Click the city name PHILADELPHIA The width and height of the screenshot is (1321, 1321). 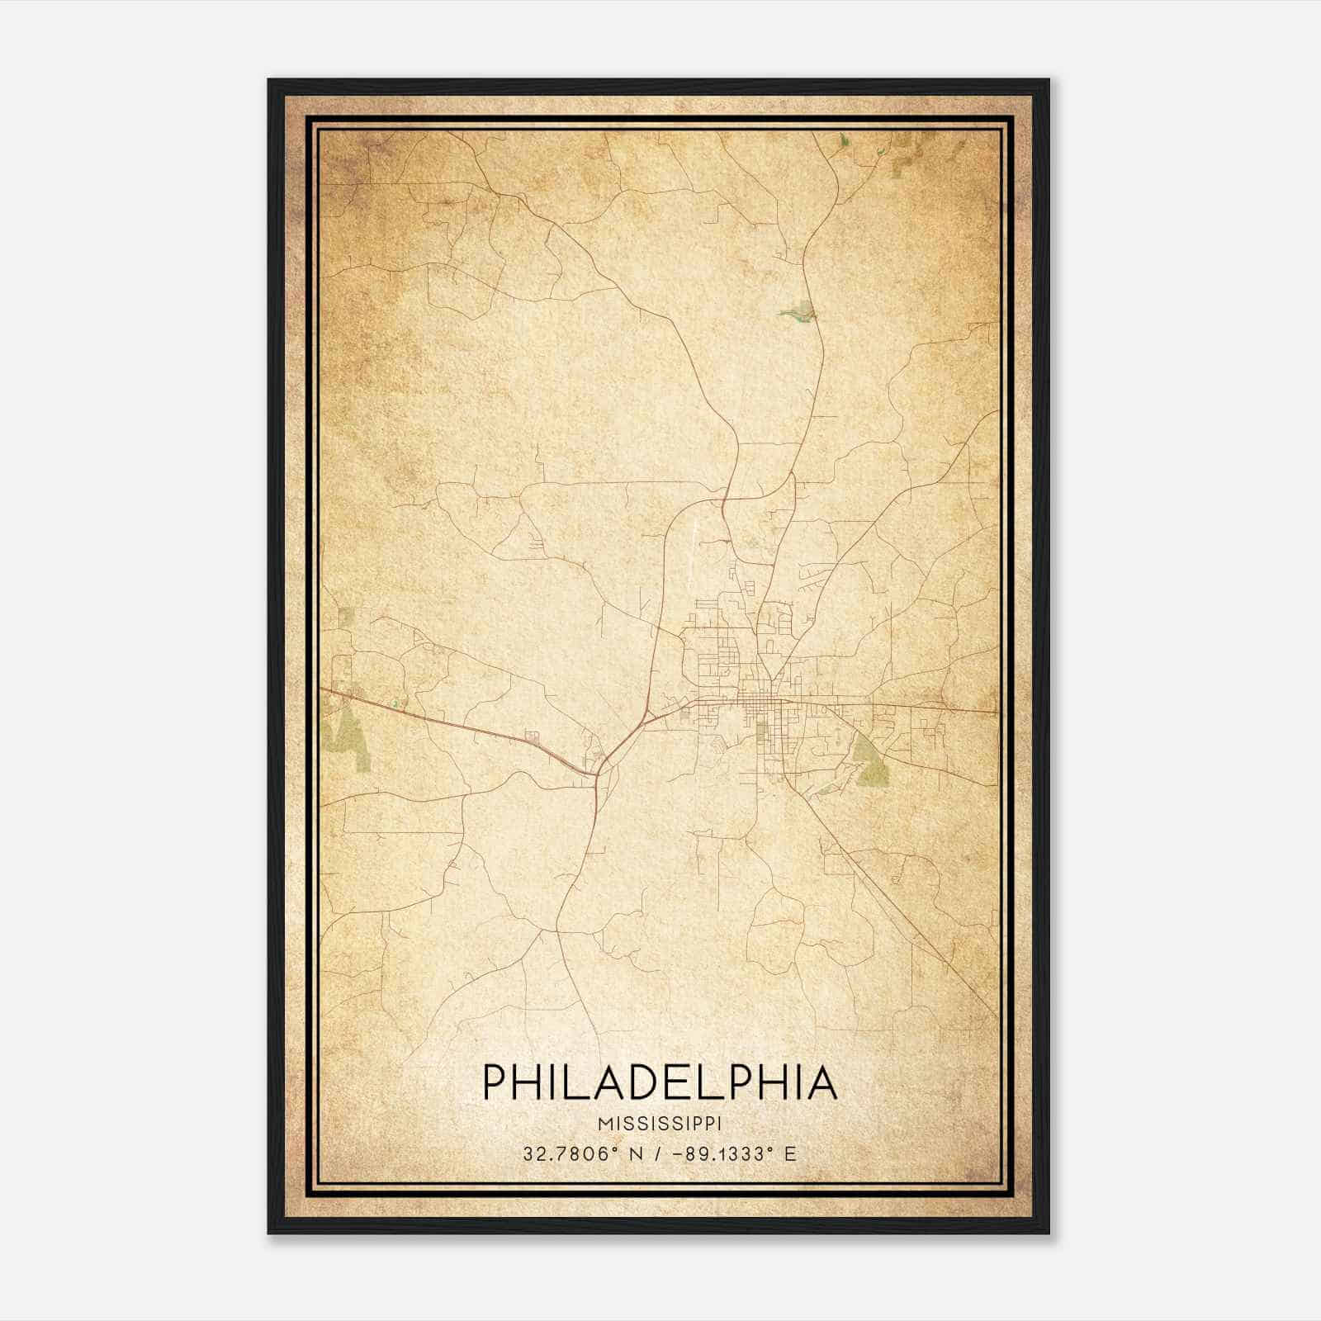pyautogui.click(x=660, y=1082)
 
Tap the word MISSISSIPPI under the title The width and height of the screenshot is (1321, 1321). pyautogui.click(x=660, y=1125)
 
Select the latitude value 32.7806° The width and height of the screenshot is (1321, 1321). pyautogui.click(x=570, y=1154)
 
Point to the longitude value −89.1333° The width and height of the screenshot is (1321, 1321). pyautogui.click(x=723, y=1154)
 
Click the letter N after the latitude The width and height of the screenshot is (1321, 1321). pyautogui.click(x=635, y=1154)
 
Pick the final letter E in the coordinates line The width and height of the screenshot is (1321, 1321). pyautogui.click(x=790, y=1154)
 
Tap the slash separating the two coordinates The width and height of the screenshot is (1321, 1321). pyautogui.click(x=656, y=1154)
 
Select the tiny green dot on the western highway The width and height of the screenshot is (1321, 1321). pyautogui.click(x=395, y=703)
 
